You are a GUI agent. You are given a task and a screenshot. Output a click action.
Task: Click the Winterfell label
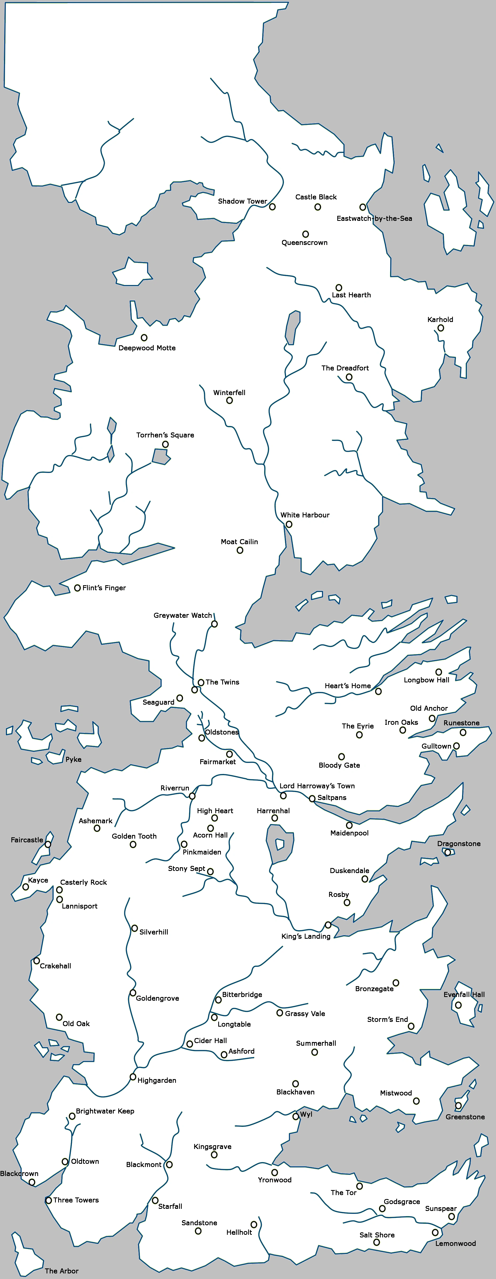pos(229,392)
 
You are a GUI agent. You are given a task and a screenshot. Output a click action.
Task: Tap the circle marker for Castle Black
pos(317,207)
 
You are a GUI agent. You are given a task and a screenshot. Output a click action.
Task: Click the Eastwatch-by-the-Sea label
pos(374,218)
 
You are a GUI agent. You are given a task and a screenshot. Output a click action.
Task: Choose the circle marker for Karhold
pos(440,328)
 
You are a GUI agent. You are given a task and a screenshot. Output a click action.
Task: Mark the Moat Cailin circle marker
pos(240,550)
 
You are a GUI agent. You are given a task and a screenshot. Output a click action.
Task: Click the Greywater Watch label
pos(183,615)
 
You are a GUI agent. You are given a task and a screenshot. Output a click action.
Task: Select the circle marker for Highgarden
pos(133,1077)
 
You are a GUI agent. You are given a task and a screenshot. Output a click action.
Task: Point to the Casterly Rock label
pos(83,882)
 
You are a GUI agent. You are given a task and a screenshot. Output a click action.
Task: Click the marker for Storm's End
pos(411,1026)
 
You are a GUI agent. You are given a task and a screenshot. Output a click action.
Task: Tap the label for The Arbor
pos(61,1271)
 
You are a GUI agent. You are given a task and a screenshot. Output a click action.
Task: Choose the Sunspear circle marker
pos(451,1217)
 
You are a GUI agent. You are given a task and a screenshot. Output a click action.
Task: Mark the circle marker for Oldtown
pos(65,1161)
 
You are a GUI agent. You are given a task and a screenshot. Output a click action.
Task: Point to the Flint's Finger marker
pos(77,588)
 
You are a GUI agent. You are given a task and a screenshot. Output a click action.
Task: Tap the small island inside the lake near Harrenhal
pos(280,844)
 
